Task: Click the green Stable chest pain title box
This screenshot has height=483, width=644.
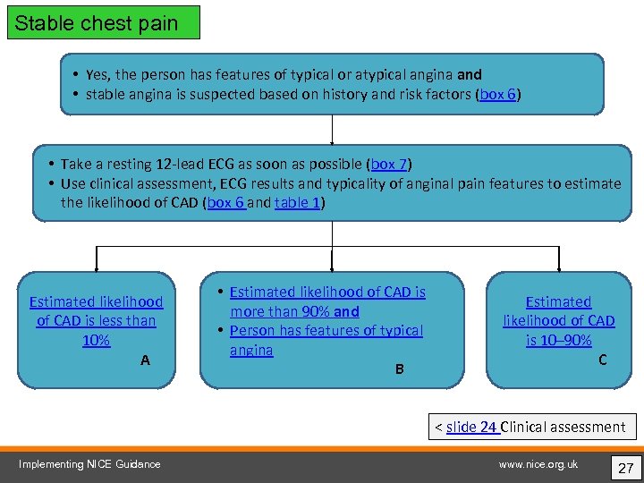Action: pyautogui.click(x=104, y=23)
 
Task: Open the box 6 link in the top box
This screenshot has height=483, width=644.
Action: pyautogui.click(x=497, y=94)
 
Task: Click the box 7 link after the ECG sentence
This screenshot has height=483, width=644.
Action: pyautogui.click(x=389, y=164)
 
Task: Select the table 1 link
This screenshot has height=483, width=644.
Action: pyautogui.click(x=297, y=203)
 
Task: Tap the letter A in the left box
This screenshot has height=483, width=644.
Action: pyautogui.click(x=145, y=360)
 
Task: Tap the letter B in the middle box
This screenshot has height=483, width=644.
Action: pyautogui.click(x=400, y=369)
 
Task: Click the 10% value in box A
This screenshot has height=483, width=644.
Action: pyautogui.click(x=96, y=341)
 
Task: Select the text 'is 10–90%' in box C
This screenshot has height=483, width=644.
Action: pyautogui.click(x=559, y=341)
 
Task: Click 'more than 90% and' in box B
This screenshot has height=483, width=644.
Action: pyautogui.click(x=294, y=311)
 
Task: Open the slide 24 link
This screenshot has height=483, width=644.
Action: pyautogui.click(x=472, y=427)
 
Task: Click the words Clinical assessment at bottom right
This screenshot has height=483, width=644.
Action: pyautogui.click(x=564, y=427)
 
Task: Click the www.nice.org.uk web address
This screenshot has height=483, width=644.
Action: pyautogui.click(x=539, y=464)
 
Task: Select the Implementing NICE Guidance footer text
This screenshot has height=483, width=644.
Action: pyautogui.click(x=90, y=464)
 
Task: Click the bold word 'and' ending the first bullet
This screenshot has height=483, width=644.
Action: pyautogui.click(x=469, y=75)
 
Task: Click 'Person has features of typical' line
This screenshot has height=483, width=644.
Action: pyautogui.click(x=326, y=331)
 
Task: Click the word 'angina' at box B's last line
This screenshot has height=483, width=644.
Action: pyautogui.click(x=251, y=351)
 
